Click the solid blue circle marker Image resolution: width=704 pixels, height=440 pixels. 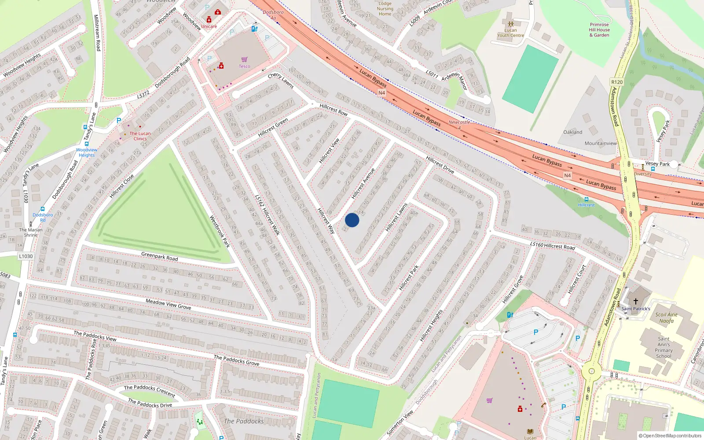[x=352, y=220]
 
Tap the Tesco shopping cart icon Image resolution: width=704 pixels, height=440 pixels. [x=244, y=59]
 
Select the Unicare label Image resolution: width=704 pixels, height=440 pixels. [x=209, y=26]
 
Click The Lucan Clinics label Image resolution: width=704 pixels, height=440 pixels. [x=140, y=136]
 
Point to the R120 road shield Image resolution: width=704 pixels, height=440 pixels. [x=617, y=82]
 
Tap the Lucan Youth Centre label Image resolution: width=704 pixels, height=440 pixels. [x=510, y=33]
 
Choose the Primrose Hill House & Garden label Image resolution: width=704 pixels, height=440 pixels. [x=599, y=30]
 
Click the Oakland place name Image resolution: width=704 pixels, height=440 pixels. [x=572, y=132]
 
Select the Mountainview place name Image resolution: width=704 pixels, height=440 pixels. [x=601, y=143]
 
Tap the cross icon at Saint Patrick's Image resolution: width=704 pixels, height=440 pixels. [x=635, y=301]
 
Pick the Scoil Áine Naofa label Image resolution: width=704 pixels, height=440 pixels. [x=666, y=318]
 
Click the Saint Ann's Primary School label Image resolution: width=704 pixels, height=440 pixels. [x=664, y=348]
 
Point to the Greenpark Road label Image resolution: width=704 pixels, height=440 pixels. [x=159, y=256]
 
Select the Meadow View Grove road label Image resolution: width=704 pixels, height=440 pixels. [x=168, y=304]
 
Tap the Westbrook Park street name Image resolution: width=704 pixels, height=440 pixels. [x=219, y=231]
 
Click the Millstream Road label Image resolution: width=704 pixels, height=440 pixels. [x=97, y=33]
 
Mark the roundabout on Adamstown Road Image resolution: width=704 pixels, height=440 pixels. [x=591, y=371]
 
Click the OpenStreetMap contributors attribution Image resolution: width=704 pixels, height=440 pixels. [x=670, y=436]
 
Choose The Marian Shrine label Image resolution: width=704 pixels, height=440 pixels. [x=31, y=232]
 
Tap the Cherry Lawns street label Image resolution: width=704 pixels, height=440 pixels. [x=281, y=81]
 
